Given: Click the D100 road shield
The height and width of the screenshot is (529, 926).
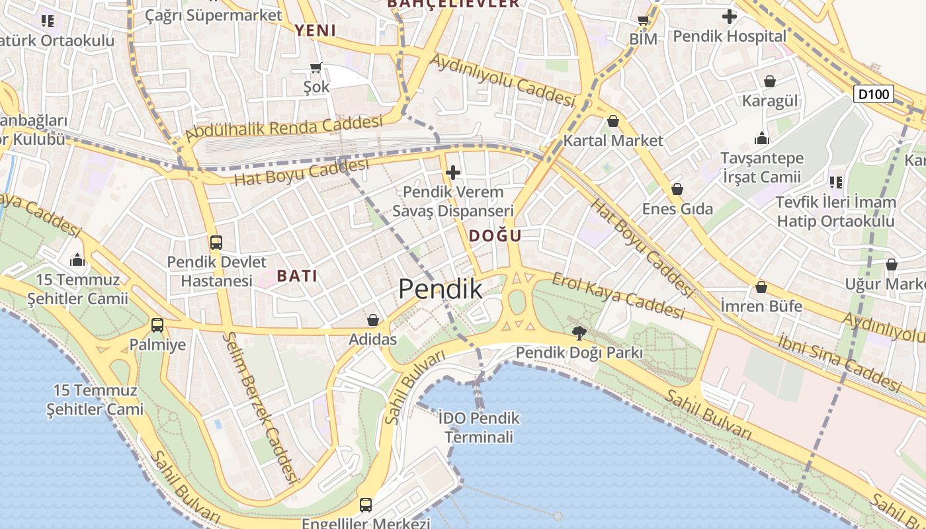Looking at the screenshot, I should [873, 95].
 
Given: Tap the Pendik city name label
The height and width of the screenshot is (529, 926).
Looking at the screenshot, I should [441, 289].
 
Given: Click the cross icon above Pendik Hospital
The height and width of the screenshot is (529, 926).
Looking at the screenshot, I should [730, 17].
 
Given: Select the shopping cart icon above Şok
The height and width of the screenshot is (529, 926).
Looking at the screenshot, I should [316, 67].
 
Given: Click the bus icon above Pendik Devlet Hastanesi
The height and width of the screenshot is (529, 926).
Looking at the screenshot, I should [216, 243].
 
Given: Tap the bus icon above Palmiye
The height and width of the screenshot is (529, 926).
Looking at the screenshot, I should [157, 325].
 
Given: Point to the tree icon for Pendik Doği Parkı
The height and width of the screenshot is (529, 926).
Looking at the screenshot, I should [579, 333].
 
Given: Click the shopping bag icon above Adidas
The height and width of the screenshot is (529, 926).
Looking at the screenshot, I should [373, 321].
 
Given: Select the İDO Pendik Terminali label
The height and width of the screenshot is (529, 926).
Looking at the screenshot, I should [479, 427].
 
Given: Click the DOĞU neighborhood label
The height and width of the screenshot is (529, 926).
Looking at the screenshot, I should [495, 236].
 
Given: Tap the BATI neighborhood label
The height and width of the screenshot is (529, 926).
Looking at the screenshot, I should [297, 276].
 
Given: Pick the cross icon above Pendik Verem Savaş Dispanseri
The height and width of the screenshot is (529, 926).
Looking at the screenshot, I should [453, 173].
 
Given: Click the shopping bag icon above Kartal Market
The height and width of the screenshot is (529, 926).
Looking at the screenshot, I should [613, 122].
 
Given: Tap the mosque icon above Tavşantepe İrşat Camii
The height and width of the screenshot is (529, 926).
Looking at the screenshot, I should [762, 139].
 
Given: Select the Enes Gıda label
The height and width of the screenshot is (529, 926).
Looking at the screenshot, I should [677, 209].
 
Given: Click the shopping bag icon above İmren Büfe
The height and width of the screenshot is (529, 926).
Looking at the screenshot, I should [761, 288].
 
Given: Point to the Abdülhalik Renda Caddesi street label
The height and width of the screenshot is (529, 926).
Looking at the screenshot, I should [284, 128].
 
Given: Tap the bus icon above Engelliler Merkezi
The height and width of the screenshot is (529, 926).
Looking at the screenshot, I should [366, 505].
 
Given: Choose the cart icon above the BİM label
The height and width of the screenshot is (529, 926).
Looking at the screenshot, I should [643, 20].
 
